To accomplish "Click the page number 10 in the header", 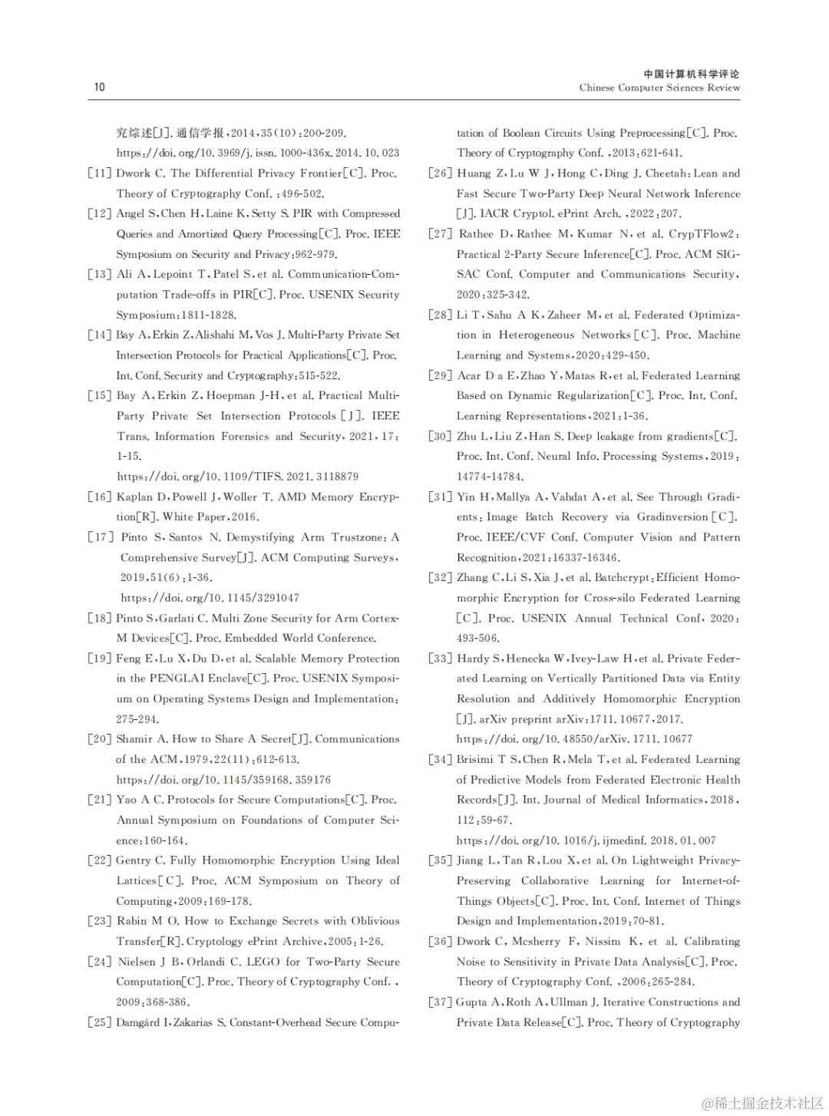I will (100, 87).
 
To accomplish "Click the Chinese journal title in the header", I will (692, 74).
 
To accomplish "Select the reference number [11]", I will (100, 173).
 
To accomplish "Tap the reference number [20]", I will (100, 739).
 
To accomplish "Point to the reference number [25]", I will (100, 1022).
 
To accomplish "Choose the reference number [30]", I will (440, 436).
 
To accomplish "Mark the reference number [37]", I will (440, 1002).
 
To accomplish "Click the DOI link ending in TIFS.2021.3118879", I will (238, 477).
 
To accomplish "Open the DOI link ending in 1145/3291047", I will (210, 598).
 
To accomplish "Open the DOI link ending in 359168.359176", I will (223, 780).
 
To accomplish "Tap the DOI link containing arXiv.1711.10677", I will (574, 739).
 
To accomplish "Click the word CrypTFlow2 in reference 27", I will (702, 234).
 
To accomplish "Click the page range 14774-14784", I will (489, 477).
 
